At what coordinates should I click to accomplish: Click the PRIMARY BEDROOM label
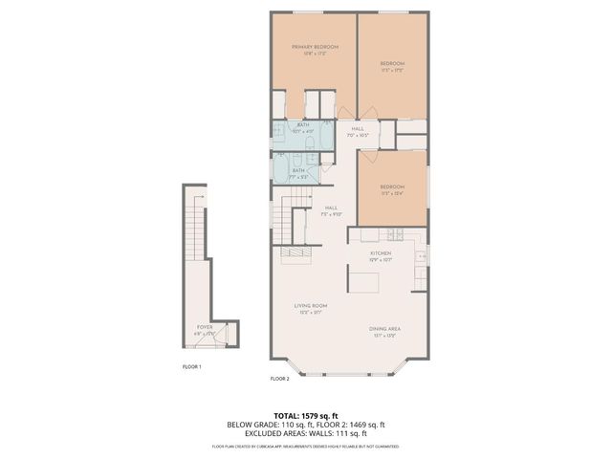[315, 47]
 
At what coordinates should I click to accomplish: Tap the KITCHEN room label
[381, 253]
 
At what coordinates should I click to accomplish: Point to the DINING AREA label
[384, 329]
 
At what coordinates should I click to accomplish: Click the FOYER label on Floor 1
[205, 327]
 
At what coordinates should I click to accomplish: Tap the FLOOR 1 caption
[192, 365]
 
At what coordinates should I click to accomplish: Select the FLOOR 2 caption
[279, 379]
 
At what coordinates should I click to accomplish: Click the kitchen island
[362, 282]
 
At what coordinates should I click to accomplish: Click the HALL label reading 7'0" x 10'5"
[357, 130]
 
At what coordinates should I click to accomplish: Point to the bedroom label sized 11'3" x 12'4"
[392, 187]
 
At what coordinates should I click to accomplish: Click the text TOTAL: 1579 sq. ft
[305, 415]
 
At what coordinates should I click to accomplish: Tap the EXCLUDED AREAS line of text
[305, 432]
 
